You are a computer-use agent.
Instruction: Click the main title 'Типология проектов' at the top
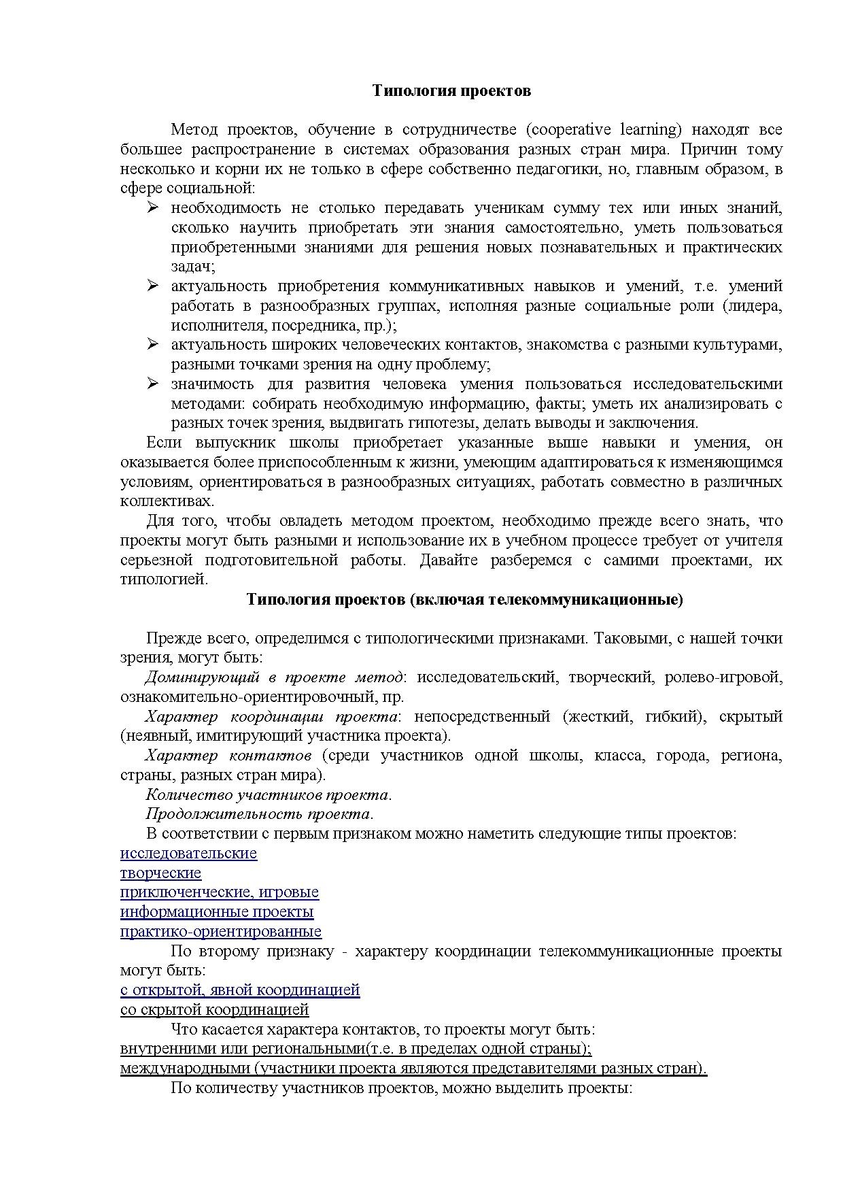451,91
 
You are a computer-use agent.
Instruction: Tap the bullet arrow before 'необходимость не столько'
153,207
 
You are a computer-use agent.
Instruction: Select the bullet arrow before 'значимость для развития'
153,384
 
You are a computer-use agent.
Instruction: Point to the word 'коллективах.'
167,501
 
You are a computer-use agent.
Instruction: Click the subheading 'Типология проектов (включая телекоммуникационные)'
464,599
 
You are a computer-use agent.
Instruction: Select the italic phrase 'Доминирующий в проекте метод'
274,677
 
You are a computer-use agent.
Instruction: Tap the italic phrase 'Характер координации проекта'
271,717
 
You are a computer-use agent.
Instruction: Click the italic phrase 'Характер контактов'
228,756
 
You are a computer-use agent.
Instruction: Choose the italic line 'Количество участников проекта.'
269,795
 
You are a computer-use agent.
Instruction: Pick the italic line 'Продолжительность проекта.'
260,814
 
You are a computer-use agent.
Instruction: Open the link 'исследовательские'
188,854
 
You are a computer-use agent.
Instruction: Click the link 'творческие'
160,873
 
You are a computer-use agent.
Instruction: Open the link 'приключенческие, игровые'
219,892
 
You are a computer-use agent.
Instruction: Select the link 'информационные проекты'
217,912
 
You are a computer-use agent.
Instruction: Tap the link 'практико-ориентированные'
221,932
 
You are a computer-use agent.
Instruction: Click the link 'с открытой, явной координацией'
240,990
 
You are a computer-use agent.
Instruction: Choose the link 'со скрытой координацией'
214,1010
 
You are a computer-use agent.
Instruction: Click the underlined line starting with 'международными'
413,1069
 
